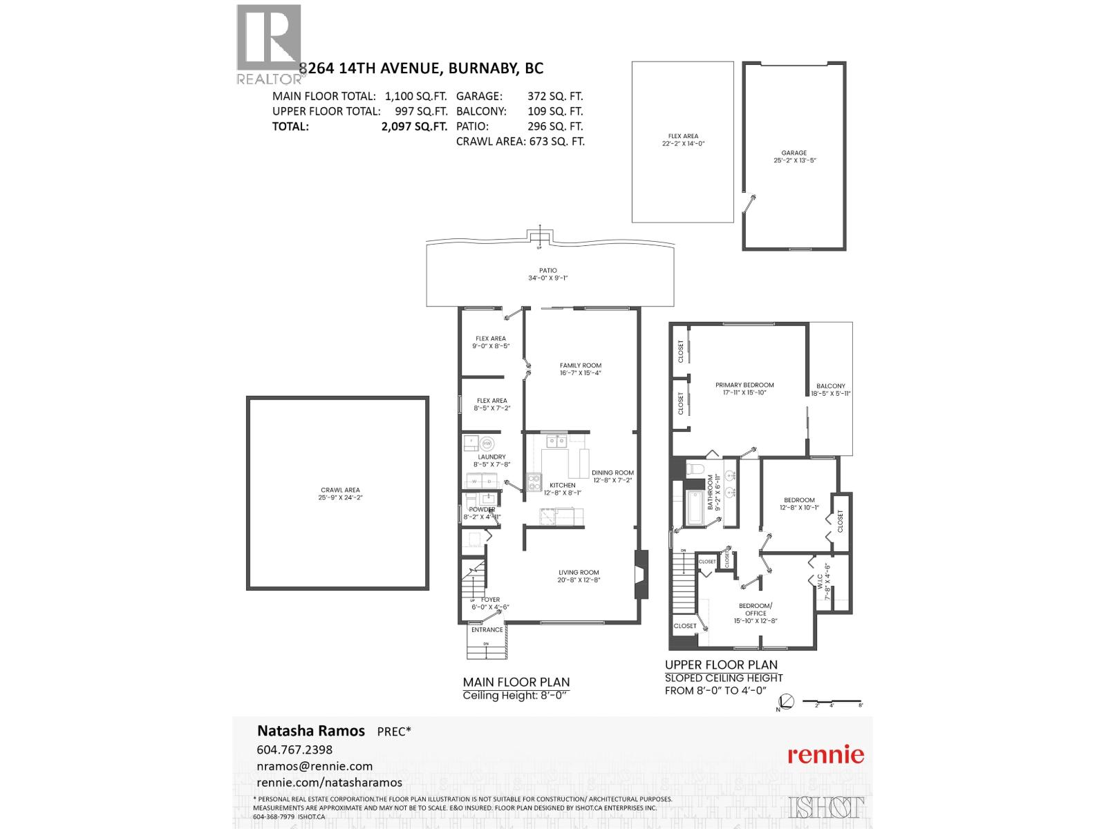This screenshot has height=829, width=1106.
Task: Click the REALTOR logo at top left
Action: click(x=269, y=43)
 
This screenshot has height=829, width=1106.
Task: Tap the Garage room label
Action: click(x=794, y=153)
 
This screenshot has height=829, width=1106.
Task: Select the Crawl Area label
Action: click(x=340, y=490)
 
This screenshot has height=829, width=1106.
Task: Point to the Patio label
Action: click(x=548, y=271)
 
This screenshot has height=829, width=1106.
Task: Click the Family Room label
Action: click(x=581, y=365)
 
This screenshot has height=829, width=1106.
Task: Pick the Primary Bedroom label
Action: click(x=744, y=385)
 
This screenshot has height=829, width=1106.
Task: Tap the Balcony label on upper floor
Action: click(x=830, y=386)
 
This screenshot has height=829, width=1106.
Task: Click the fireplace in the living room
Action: click(x=642, y=575)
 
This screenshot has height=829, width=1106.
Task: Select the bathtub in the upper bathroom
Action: click(x=693, y=506)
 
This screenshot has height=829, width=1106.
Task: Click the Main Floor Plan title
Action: click(x=516, y=682)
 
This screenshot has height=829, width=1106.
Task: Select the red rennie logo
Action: click(x=826, y=754)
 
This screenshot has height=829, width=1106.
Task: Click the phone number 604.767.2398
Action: click(x=294, y=750)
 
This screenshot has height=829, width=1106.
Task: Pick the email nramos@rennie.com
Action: click(x=315, y=766)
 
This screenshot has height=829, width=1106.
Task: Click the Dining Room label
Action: click(x=612, y=473)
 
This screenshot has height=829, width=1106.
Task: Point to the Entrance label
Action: click(x=487, y=629)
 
